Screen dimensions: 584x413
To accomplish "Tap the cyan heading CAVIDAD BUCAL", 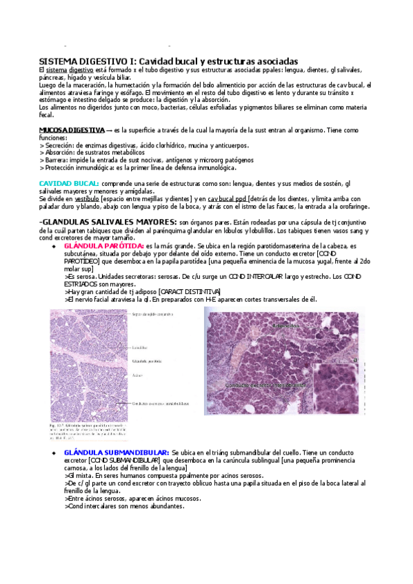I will click(69, 183).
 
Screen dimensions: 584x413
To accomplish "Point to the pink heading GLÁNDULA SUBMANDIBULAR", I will click(115, 452).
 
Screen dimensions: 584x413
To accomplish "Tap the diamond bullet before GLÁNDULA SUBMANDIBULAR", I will click(54, 452).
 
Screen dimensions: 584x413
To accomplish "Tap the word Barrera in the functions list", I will click(57, 160).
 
